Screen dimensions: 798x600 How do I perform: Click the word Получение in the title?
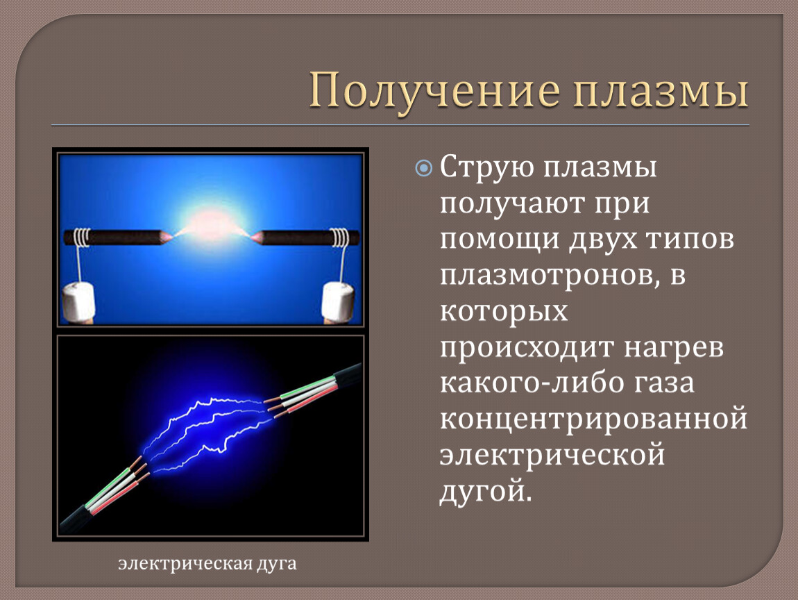pos(434,92)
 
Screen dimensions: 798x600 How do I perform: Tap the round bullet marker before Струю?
pos(423,167)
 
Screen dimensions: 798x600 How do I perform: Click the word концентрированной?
pos(593,419)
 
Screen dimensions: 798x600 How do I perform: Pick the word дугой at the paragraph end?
pos(486,492)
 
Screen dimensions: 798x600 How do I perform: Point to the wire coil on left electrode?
pos(82,237)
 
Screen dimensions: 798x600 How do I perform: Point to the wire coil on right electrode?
pos(340,237)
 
